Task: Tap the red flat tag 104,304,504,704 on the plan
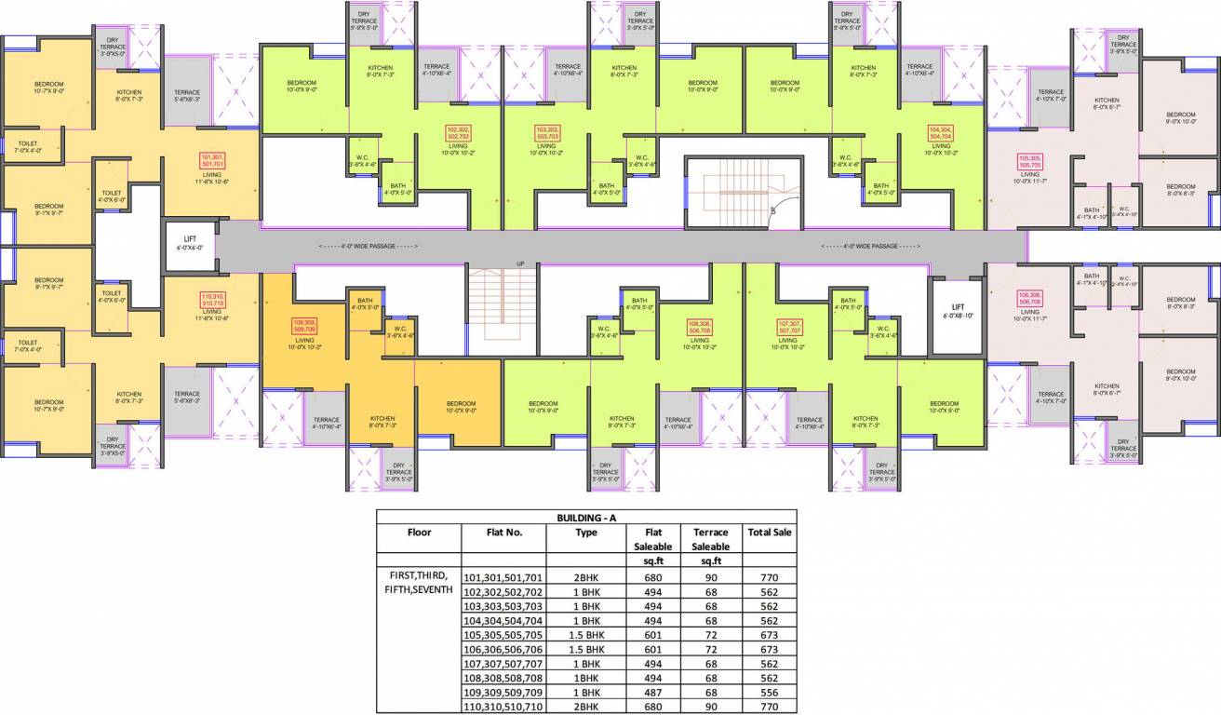pos(941,132)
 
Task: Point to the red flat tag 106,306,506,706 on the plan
pos(1029,298)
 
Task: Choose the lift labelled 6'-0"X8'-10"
pos(958,311)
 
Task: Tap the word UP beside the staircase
pos(521,264)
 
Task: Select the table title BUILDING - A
pos(586,517)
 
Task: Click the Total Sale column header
pos(769,533)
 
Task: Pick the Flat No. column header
pos(503,533)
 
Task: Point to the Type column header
pos(586,533)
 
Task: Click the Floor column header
pos(419,533)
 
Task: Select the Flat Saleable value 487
pos(652,693)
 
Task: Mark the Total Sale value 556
pos(769,693)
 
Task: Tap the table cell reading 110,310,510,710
pos(503,708)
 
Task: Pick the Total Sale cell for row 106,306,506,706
pos(769,649)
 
